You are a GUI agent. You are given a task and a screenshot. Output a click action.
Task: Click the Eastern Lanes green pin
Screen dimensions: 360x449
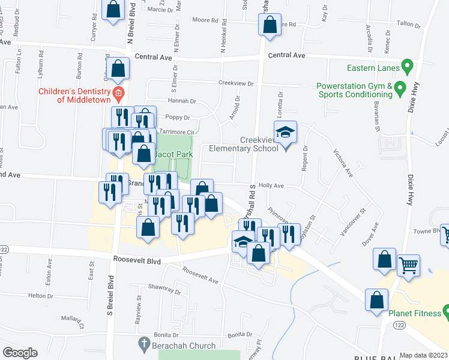pyautogui.click(x=406, y=64)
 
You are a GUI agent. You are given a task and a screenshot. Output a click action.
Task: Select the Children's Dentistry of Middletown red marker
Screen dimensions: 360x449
pyautogui.click(x=118, y=92)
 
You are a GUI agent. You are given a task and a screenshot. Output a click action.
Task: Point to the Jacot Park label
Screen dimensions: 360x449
pyautogui.click(x=173, y=154)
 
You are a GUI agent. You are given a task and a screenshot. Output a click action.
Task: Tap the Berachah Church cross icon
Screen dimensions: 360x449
pyautogui.click(x=143, y=345)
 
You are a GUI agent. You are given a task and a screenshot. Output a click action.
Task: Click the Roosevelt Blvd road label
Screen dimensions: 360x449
pyautogui.click(x=136, y=260)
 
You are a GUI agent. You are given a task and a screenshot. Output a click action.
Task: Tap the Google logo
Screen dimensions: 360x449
pyautogui.click(x=20, y=353)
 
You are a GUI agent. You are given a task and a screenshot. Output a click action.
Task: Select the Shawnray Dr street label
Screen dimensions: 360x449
pyautogui.click(x=165, y=289)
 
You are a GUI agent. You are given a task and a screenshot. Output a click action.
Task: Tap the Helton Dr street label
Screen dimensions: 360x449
pyautogui.click(x=41, y=296)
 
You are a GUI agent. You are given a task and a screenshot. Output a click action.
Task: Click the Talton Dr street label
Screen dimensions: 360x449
pyautogui.click(x=409, y=24)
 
